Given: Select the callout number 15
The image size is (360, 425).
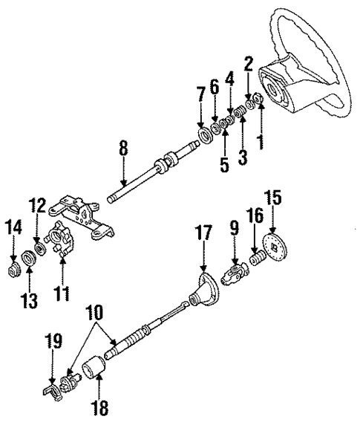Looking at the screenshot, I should click(274, 199).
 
